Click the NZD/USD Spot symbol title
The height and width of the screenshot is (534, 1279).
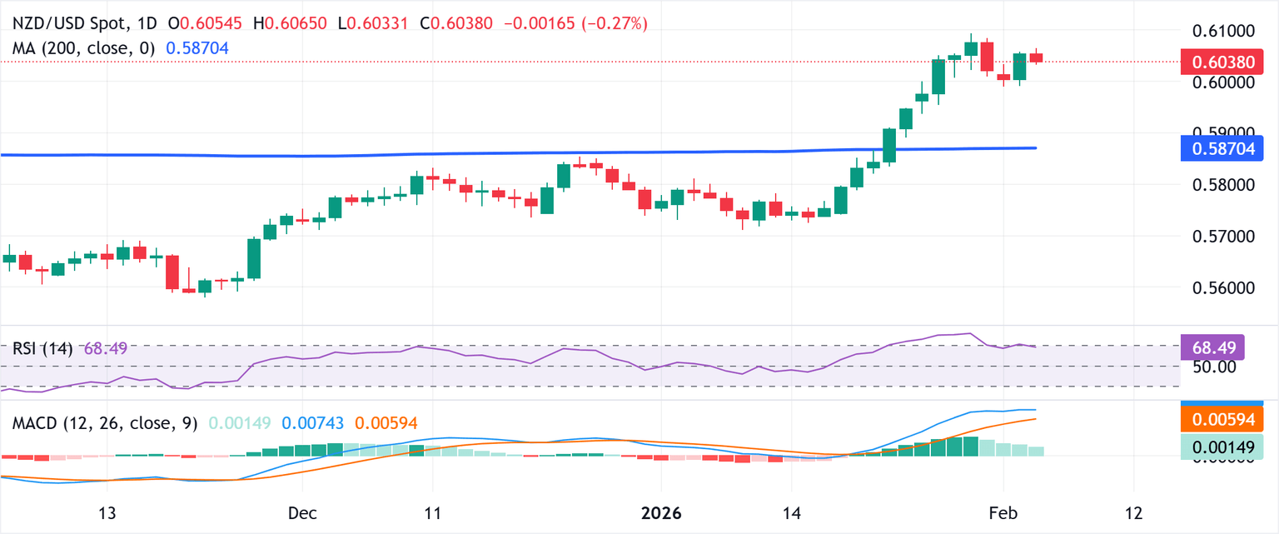tap(70, 24)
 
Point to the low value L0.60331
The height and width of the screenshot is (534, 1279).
tap(380, 24)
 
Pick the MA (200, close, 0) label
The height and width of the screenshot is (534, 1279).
tap(81, 49)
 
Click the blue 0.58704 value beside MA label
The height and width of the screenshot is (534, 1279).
tap(197, 49)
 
